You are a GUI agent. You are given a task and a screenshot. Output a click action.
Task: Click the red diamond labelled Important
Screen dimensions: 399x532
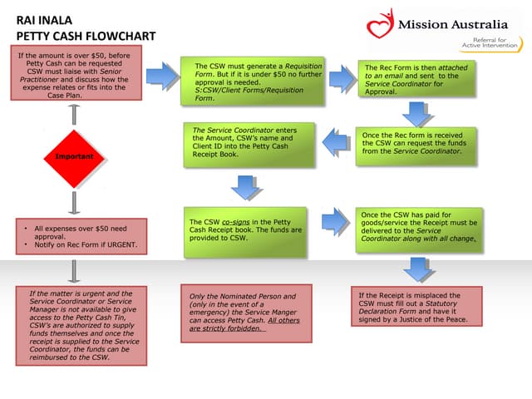tap(73, 156)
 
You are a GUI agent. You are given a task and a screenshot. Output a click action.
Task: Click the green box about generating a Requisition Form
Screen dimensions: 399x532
tap(249, 81)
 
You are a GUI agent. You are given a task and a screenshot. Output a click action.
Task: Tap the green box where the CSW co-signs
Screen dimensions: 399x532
tap(249, 229)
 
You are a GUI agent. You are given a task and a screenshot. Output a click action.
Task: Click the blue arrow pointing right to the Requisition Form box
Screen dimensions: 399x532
tap(164, 76)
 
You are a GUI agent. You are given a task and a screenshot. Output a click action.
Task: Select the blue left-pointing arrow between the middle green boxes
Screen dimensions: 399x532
tap(337, 142)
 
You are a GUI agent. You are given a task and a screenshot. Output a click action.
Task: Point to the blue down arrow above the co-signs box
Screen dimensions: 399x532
tap(246, 187)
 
